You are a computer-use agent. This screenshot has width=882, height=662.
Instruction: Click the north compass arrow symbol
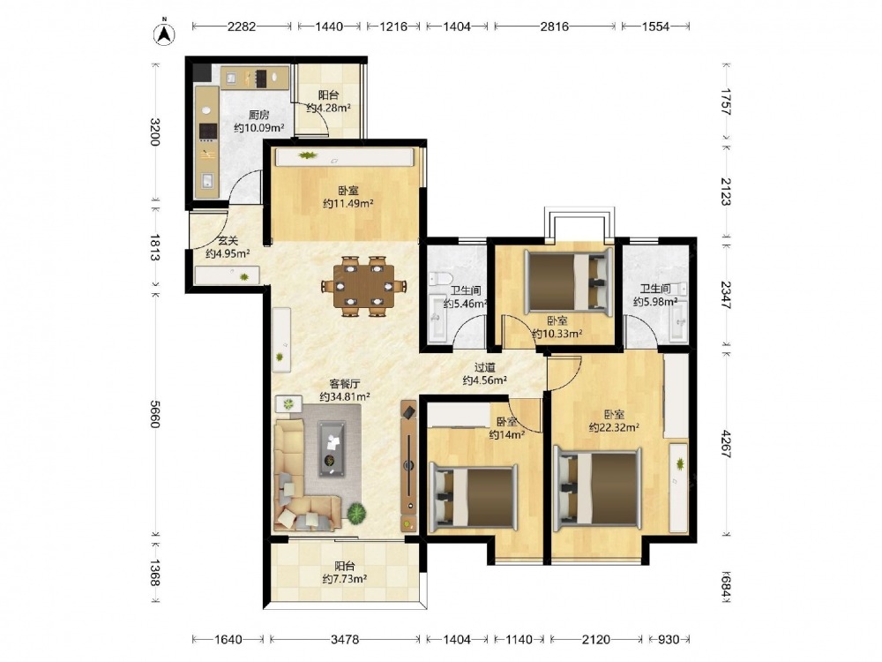(164, 34)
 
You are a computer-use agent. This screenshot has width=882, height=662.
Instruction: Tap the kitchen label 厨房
(258, 116)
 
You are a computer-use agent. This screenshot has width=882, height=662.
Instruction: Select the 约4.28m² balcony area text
(328, 108)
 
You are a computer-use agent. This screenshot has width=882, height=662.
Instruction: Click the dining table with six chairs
(364, 287)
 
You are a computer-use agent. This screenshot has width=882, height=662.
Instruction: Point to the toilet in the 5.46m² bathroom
(440, 279)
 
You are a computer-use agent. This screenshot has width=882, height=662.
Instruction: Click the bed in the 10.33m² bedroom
(568, 281)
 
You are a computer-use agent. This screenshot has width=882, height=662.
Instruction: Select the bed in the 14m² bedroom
(473, 497)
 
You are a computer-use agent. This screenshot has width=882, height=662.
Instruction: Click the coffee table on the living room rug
(332, 448)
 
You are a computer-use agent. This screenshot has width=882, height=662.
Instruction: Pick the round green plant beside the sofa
(356, 513)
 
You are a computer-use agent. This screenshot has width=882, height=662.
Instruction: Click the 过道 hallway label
(485, 367)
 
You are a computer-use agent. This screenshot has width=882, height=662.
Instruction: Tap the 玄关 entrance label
(228, 242)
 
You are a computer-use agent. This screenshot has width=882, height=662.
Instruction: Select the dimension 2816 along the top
(555, 26)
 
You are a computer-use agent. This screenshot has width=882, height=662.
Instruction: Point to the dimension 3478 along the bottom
(345, 639)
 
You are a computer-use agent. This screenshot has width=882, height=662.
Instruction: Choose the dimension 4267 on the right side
(726, 444)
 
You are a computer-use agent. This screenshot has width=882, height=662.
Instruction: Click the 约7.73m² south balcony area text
(345, 579)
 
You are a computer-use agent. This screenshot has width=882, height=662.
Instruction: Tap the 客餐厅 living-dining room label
(345, 384)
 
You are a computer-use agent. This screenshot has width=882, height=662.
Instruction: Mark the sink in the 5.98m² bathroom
(679, 322)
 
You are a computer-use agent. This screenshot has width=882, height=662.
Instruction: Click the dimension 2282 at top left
(242, 26)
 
